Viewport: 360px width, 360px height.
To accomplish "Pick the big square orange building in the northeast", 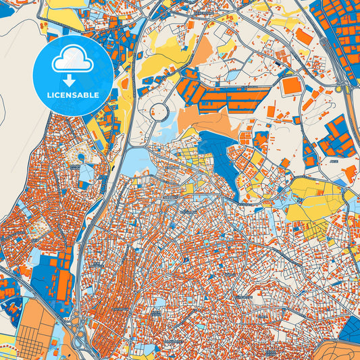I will click(x=292, y=85).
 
